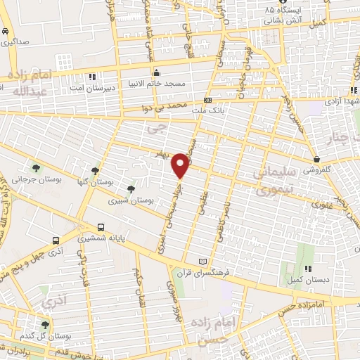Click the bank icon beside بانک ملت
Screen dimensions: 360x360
[207, 100]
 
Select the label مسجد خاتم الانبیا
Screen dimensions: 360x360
[155, 84]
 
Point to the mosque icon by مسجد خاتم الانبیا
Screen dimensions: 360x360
[155, 72]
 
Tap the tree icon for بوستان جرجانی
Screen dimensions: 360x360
[35, 167]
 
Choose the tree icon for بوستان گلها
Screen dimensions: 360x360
[96, 171]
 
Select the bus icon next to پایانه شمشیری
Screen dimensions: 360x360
[101, 227]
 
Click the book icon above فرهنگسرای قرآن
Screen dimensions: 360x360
[204, 262]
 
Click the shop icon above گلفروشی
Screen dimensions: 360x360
[318, 159]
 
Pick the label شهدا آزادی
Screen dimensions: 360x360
[340, 103]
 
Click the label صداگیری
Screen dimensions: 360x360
[15, 42]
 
